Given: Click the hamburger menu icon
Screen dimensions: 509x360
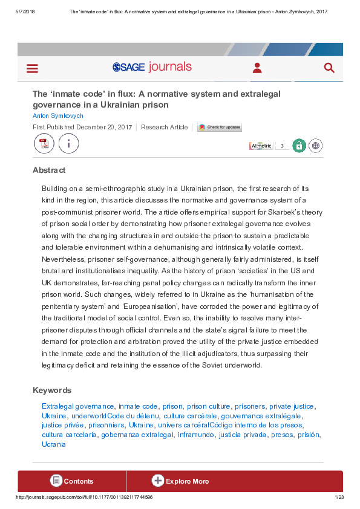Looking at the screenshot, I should point(32,68).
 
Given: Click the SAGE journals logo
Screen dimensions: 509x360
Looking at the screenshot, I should point(152,67).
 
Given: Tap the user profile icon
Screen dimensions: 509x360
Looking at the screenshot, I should point(257,68).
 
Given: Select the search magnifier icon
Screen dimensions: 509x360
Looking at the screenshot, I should point(329,68).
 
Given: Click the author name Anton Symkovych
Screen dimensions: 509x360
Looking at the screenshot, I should point(58,115).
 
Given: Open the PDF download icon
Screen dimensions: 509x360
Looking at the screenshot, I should point(44,144).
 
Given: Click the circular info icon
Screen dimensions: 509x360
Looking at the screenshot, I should point(68,144).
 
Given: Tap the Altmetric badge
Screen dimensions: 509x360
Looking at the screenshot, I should point(261,146).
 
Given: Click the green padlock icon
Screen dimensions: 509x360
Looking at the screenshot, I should point(299,146).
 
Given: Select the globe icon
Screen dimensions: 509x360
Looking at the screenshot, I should point(315,146).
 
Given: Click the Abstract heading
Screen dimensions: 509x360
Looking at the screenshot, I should point(49,170).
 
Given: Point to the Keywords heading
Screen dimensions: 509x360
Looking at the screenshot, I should point(52,391).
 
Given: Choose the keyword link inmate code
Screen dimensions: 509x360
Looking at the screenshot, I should point(138,406).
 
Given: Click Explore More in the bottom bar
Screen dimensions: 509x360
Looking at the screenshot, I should point(180,481).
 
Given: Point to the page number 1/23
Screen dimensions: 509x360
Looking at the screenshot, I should point(339,497).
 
